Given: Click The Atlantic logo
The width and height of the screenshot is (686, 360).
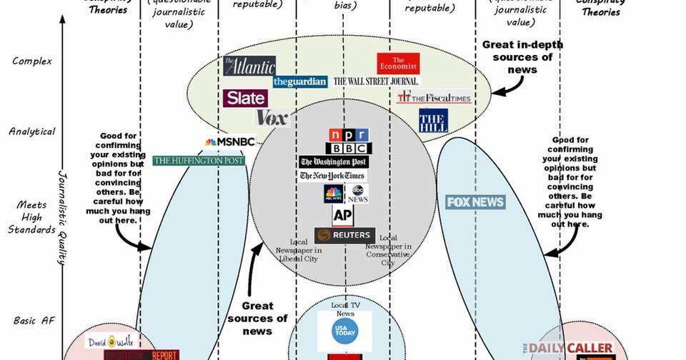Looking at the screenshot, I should [x=249, y=66].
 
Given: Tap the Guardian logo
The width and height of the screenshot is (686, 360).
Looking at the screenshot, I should [x=300, y=81].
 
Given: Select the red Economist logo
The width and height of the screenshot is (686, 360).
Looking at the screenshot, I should [x=398, y=64].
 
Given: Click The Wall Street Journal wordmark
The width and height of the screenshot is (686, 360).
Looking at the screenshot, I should [x=376, y=81].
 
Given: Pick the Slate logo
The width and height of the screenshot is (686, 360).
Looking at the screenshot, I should [x=245, y=98].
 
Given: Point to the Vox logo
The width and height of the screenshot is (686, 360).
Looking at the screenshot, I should [x=272, y=117].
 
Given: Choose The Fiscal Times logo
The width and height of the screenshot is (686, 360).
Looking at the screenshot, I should [x=434, y=97].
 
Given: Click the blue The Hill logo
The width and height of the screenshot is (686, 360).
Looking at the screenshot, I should [x=433, y=120].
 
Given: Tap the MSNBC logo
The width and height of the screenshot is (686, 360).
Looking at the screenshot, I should [x=230, y=142].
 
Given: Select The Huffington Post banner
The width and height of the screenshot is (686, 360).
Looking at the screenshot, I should [x=199, y=161].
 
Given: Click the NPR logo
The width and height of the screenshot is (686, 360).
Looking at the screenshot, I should [x=348, y=135].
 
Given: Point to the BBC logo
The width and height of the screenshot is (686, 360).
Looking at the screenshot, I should [x=349, y=149].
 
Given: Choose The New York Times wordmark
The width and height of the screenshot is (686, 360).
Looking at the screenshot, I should [x=332, y=176].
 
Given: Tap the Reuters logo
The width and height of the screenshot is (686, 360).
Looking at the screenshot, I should [x=344, y=235].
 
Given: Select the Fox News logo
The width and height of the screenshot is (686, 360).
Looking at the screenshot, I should [x=475, y=202].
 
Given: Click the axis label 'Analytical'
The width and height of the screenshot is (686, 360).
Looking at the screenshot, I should [x=31, y=131].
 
